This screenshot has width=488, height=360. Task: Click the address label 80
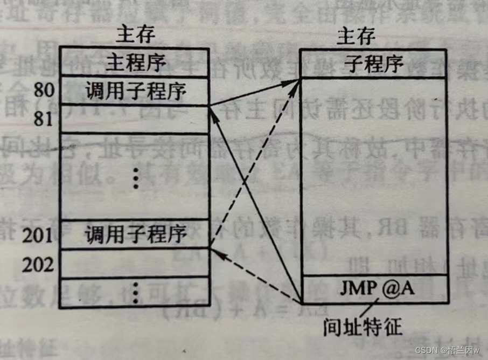pyautogui.click(x=44, y=90)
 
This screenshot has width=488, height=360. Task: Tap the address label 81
pyautogui.click(x=44, y=118)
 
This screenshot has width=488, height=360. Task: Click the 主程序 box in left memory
pyautogui.click(x=134, y=62)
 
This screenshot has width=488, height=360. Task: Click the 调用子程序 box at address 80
pyautogui.click(x=134, y=90)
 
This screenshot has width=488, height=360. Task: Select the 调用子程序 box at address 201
pyautogui.click(x=134, y=234)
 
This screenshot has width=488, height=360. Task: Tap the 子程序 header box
pyautogui.click(x=373, y=64)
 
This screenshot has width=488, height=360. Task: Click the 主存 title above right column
pyautogui.click(x=356, y=37)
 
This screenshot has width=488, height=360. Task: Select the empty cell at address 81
pyautogui.click(x=134, y=119)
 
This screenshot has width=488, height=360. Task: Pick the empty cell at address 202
pyautogui.click(x=134, y=264)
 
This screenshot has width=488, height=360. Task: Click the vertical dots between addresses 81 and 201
pyautogui.click(x=135, y=177)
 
